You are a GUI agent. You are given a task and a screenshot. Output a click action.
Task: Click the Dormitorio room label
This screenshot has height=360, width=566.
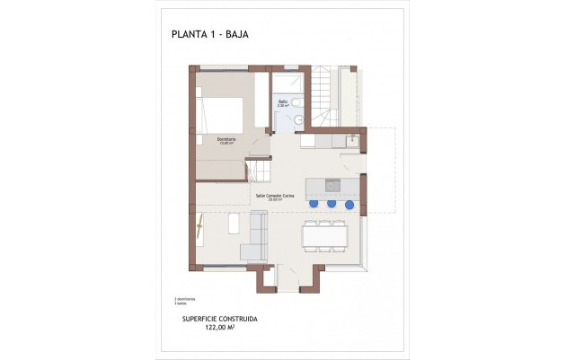(226, 139)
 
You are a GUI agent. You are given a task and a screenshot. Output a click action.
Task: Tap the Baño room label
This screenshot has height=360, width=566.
(282, 102)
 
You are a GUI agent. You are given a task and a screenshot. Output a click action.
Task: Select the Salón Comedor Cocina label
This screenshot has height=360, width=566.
(275, 194)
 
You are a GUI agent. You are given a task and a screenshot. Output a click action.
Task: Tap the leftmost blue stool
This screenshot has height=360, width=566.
(314, 204)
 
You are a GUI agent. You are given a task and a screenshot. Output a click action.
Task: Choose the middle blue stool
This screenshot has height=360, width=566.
(332, 204)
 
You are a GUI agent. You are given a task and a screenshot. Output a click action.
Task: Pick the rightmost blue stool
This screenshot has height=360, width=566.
(349, 204)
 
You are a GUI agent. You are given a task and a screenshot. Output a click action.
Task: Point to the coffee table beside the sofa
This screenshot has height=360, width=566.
(234, 224)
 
